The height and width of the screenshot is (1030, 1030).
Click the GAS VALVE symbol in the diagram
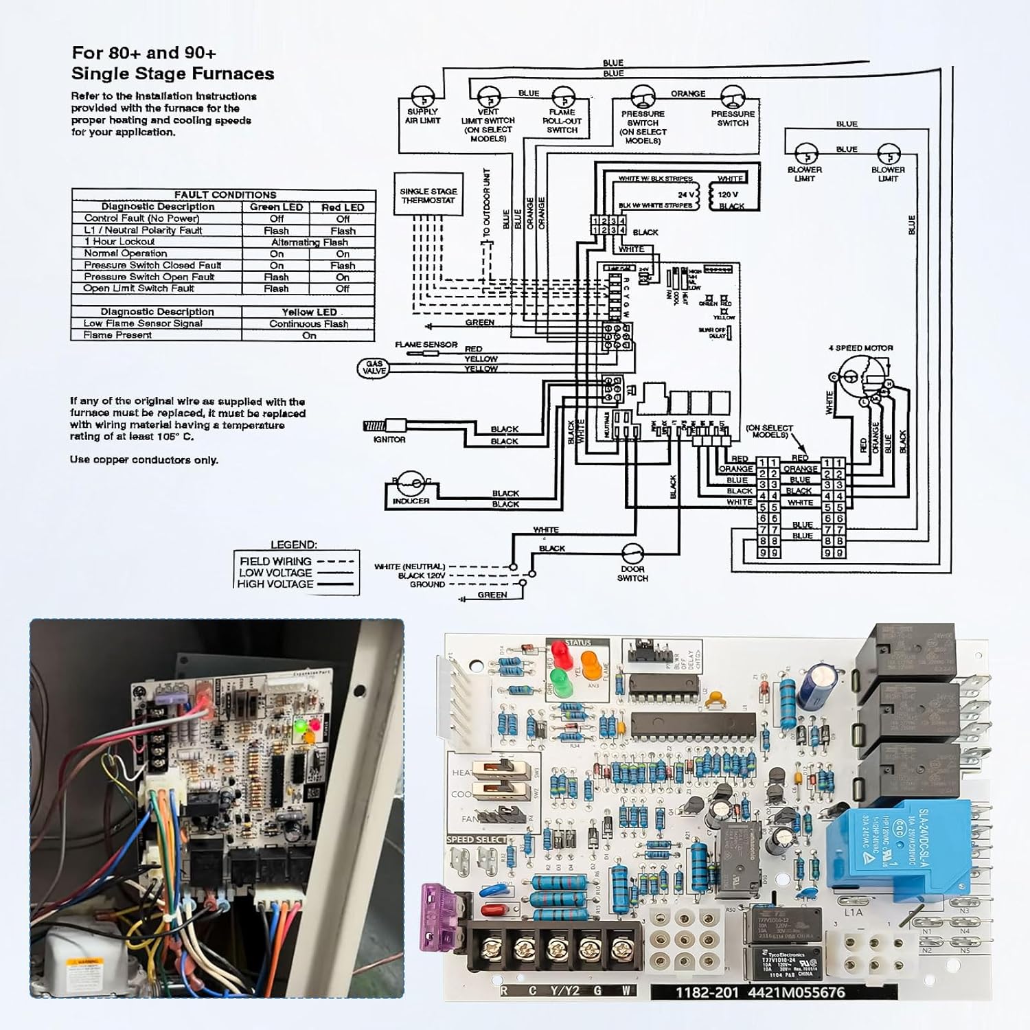point(374,368)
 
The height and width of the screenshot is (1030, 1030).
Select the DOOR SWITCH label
point(632,573)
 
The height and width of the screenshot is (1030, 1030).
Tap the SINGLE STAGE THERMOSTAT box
point(428,196)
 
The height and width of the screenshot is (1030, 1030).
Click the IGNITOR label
point(389,439)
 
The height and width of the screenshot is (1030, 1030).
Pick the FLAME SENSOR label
point(426,345)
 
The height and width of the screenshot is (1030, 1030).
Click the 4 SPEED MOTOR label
point(860,348)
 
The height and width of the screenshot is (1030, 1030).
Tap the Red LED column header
point(343,207)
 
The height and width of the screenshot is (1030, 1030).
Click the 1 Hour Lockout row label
point(119,242)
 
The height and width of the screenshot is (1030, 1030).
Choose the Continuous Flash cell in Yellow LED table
point(308,323)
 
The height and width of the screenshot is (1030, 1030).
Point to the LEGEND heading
point(294,545)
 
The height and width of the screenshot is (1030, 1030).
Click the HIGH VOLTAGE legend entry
point(275,584)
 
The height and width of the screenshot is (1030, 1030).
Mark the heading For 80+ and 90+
point(144,53)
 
